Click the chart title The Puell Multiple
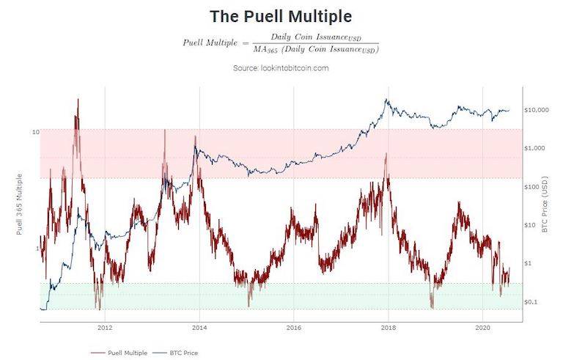281,15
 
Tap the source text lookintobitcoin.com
281,68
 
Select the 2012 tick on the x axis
104,327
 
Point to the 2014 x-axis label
199,327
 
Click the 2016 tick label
293,327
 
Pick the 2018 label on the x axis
388,327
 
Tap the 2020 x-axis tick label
482,327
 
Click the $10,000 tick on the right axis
537,110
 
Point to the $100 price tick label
534,186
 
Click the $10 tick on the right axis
532,225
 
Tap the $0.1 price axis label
533,301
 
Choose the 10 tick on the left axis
35,132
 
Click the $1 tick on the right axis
530,263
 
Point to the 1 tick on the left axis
37,249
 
